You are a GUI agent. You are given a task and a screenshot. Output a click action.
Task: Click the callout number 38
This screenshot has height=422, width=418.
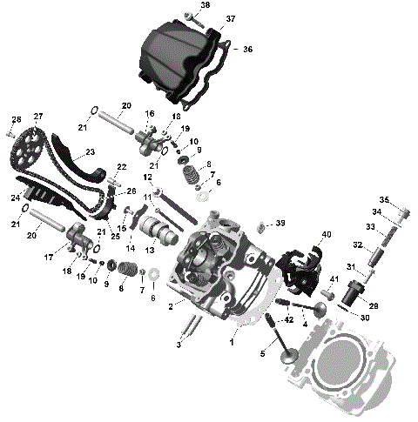(x=205, y=5)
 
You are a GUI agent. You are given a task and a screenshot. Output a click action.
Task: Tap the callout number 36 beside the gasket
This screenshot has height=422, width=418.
(x=247, y=50)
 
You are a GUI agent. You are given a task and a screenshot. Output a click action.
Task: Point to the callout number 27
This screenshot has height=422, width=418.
(x=38, y=117)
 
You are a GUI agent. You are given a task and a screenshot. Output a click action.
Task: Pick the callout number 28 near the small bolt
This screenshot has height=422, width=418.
(x=15, y=119)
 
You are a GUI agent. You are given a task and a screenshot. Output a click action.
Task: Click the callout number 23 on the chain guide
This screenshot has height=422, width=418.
(x=90, y=151)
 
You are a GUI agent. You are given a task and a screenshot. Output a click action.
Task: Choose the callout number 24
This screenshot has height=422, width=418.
(x=15, y=197)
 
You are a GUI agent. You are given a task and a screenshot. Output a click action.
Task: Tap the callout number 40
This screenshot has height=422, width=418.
(x=327, y=234)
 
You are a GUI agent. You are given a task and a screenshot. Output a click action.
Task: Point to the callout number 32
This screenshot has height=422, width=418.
(x=357, y=245)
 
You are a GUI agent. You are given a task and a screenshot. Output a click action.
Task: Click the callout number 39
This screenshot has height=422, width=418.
(x=280, y=224)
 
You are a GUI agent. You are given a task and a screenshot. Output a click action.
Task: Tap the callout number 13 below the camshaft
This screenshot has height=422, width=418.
(x=149, y=250)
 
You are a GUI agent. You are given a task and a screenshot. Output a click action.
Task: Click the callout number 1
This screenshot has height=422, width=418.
(x=232, y=343)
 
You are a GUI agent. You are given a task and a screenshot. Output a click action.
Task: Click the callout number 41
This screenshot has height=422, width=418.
(x=333, y=278)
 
